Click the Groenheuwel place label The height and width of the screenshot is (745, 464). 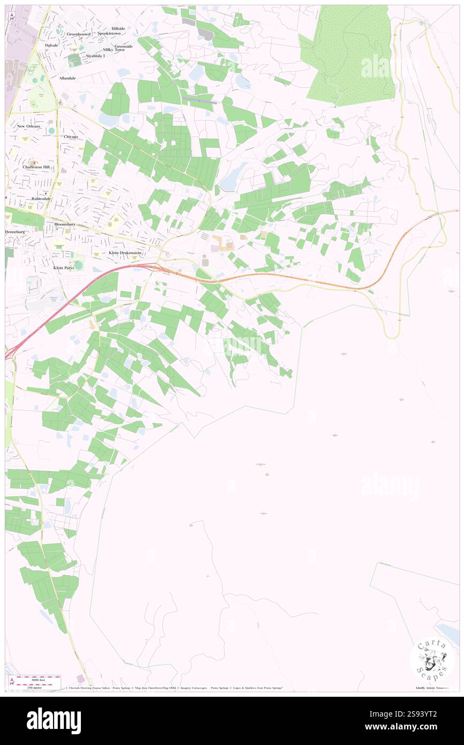(79, 34)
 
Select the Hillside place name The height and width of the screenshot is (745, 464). (118, 28)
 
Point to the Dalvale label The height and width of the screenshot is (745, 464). (51, 46)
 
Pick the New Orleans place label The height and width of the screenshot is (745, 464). (28, 126)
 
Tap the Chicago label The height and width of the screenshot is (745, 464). (71, 137)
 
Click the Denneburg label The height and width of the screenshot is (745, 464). (15, 232)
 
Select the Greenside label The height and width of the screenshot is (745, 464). (121, 46)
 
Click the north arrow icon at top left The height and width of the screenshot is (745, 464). (12, 17)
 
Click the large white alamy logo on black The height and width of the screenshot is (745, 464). (54, 720)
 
